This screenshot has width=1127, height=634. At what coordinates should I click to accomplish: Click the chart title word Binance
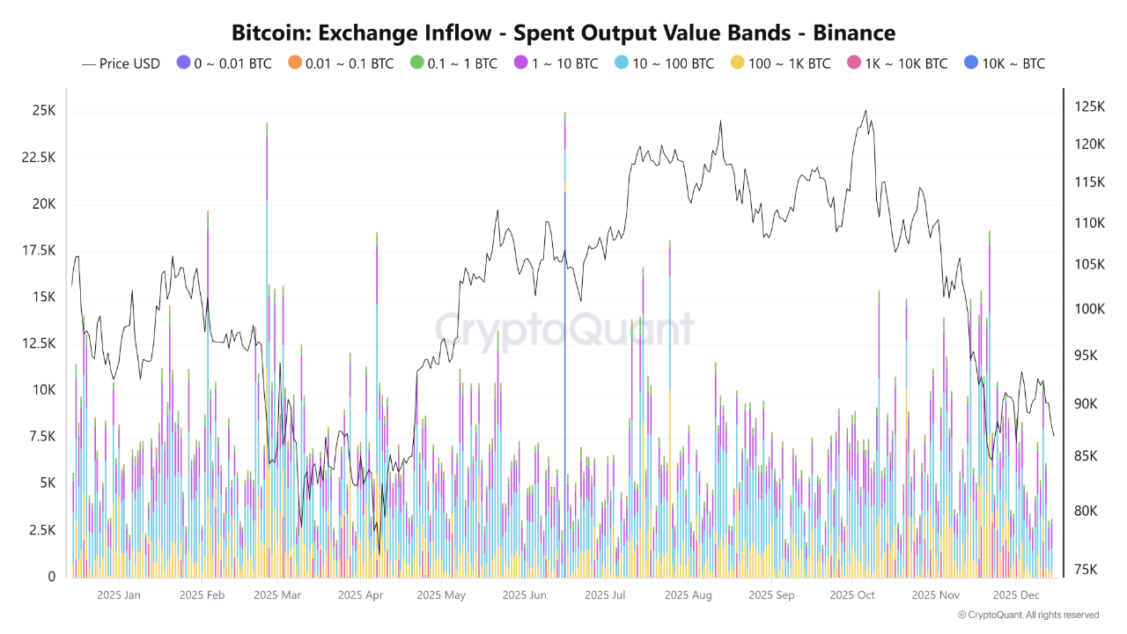[854, 33]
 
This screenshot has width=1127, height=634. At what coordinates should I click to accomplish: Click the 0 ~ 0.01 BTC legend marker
[183, 63]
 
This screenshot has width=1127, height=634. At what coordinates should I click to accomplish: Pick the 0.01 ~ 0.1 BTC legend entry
[338, 63]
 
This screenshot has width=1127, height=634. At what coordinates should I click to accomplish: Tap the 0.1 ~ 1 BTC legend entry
[453, 63]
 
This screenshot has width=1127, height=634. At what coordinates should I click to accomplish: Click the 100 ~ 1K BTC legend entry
[779, 63]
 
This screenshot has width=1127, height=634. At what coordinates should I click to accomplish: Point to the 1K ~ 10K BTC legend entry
[897, 63]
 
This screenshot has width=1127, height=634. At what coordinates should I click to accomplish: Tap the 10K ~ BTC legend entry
[1005, 63]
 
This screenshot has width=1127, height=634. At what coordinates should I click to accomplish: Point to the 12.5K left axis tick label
[39, 343]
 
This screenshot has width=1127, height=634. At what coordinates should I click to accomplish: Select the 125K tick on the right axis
[1089, 107]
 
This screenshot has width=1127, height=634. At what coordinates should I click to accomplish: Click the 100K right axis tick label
[1089, 309]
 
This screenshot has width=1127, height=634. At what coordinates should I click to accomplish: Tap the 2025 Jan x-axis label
[119, 595]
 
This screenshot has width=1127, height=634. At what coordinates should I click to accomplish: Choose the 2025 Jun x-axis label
[525, 595]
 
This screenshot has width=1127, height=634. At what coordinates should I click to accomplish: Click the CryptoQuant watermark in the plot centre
[563, 330]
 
